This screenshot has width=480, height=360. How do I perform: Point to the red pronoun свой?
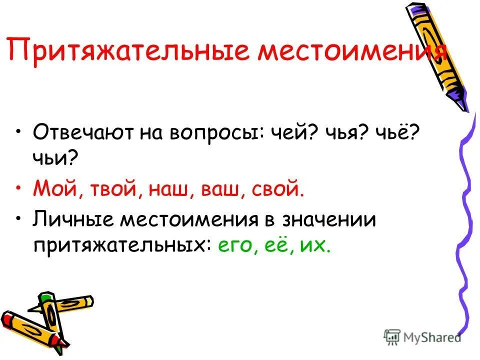[275, 190]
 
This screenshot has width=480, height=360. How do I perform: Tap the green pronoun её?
[275, 246]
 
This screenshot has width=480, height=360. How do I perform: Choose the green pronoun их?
[315, 246]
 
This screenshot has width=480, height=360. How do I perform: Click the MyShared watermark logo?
[422, 336]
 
